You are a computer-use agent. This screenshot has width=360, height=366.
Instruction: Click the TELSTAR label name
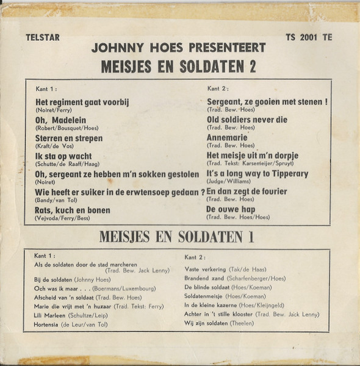[x=45, y=36]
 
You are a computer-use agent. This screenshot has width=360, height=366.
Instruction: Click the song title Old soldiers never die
[x=247, y=120]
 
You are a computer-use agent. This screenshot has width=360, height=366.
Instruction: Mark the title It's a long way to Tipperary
[x=257, y=174]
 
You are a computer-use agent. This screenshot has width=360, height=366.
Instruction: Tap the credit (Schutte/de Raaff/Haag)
[x=67, y=164]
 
